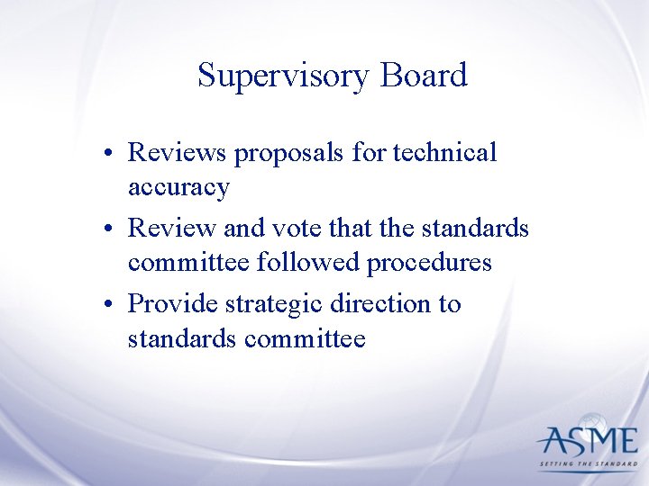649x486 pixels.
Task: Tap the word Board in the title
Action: [x=424, y=75]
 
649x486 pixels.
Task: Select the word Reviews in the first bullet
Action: [x=178, y=152]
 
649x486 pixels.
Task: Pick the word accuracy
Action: [x=178, y=188]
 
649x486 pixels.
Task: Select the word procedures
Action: [x=434, y=264]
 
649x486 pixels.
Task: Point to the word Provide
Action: [x=175, y=303]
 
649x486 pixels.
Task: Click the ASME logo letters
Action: [x=586, y=442]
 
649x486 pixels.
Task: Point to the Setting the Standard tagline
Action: [x=588, y=464]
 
